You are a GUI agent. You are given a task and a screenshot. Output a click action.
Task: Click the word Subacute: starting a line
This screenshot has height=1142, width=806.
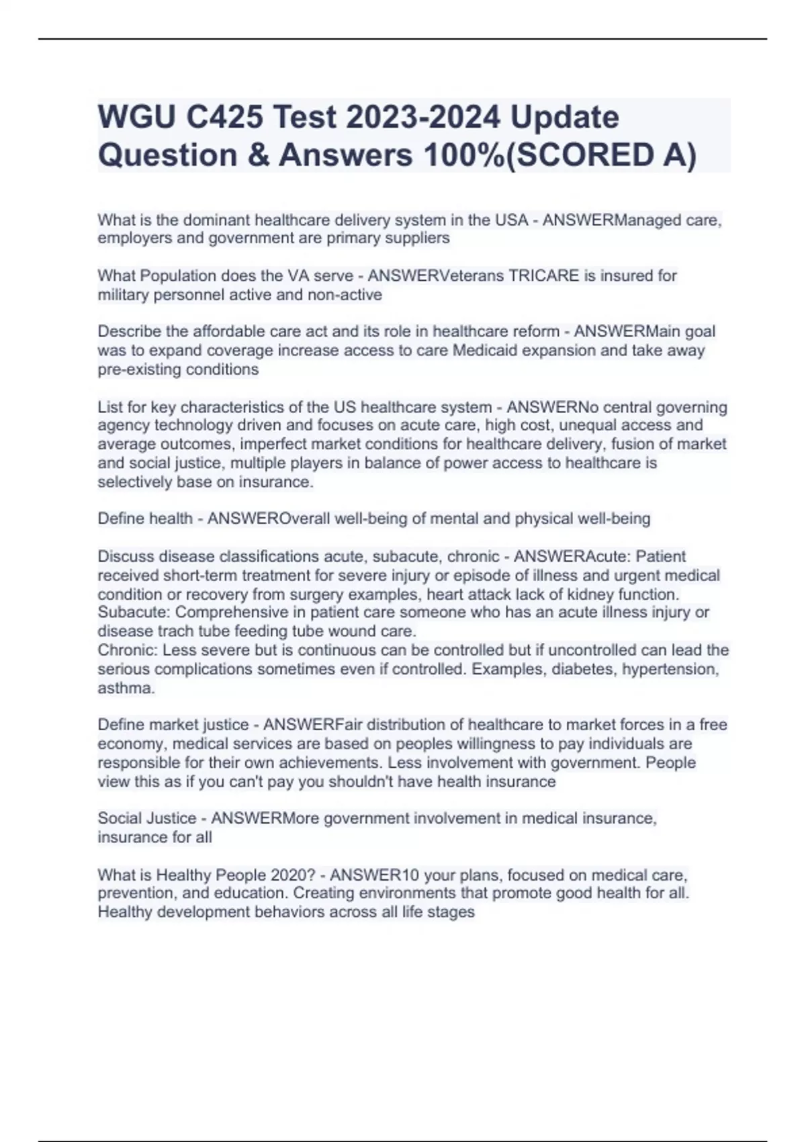pos(134,612)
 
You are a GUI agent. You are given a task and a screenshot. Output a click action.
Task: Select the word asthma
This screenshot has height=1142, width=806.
pos(126,688)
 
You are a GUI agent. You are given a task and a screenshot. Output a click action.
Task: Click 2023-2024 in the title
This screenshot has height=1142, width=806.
pos(423,118)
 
